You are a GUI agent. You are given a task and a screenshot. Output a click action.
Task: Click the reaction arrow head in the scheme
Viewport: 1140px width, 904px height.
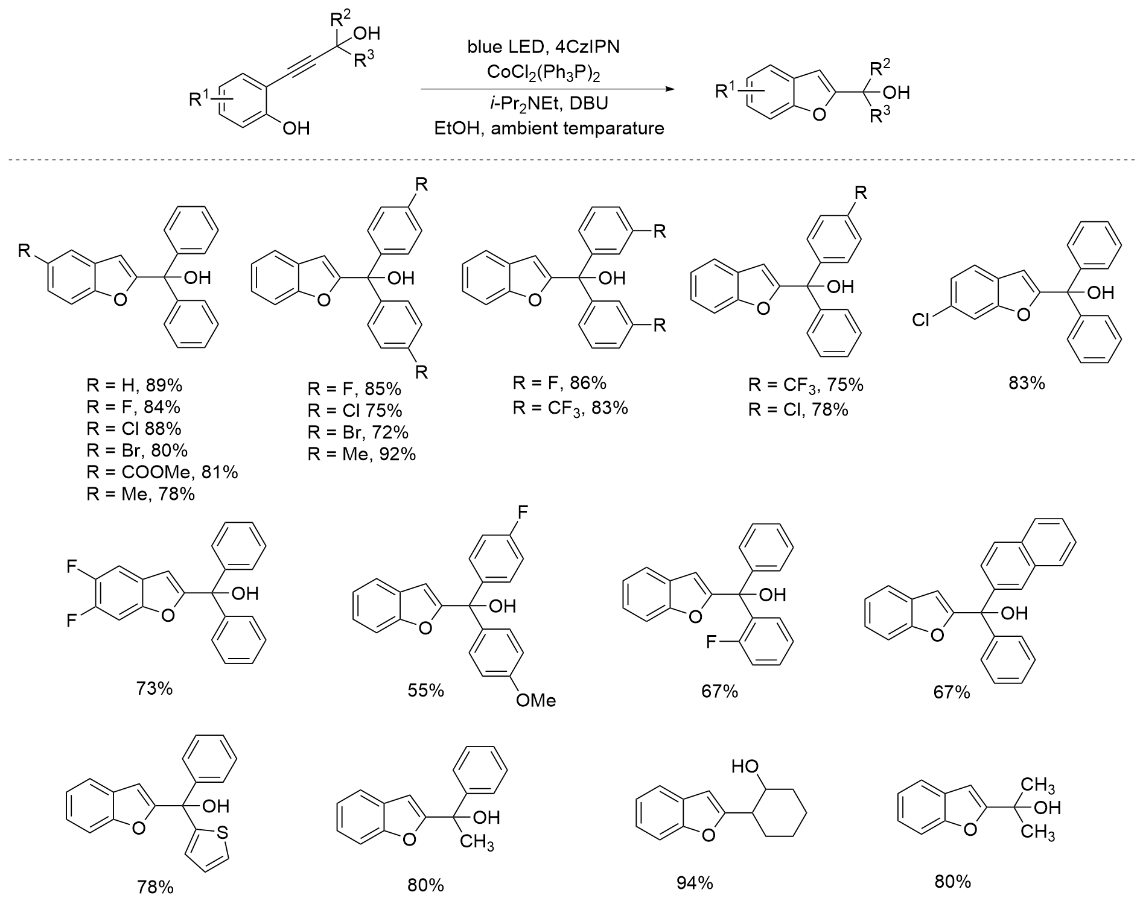click(668, 89)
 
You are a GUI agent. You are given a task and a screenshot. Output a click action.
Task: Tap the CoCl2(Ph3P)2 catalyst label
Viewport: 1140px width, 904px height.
click(543, 72)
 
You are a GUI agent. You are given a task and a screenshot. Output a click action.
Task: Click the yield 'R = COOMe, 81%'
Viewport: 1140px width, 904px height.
click(162, 472)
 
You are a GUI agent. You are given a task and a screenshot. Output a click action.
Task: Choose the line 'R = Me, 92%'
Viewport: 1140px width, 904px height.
click(361, 454)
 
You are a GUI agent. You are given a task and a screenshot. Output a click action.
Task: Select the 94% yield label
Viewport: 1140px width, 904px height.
click(694, 883)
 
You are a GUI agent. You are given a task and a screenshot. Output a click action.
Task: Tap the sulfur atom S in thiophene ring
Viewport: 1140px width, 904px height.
click(222, 833)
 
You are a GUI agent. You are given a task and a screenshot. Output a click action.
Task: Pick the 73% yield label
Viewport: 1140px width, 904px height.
click(154, 688)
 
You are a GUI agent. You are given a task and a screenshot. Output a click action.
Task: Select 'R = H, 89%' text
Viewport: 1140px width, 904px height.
click(134, 385)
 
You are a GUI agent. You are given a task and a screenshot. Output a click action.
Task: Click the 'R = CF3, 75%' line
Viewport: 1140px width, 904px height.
click(806, 385)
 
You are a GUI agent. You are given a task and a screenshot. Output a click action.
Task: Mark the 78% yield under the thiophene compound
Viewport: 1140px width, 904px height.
click(155, 887)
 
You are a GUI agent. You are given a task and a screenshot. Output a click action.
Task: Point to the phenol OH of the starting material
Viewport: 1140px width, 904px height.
click(296, 128)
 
